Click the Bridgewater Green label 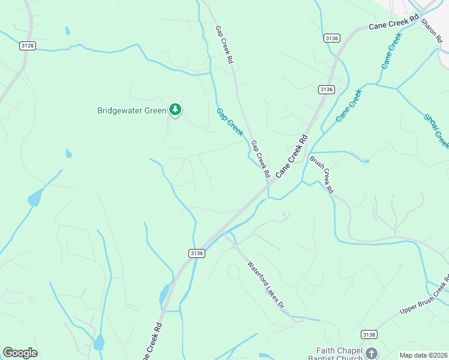coord(131,110)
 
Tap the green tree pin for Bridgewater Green coord(175,109)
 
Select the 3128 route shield coord(27,46)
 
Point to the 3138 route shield coord(369,334)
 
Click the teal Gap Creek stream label coord(230,122)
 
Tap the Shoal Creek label coord(436,131)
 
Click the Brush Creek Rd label coord(321,174)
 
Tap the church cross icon coord(372,353)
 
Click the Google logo coord(20,353)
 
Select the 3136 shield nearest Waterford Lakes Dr coord(196,253)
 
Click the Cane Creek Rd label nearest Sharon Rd coord(393,23)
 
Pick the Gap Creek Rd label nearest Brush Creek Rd coord(260,158)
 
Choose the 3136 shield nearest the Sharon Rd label coord(331,38)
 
